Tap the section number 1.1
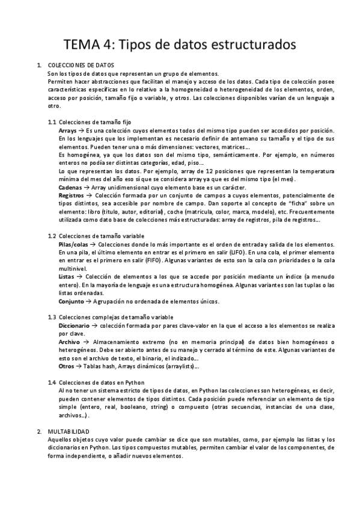[x=52, y=121]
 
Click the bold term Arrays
[x=68, y=130]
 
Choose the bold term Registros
[x=71, y=195]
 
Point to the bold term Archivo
[x=69, y=342]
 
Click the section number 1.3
[x=52, y=317]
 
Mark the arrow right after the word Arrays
[x=82, y=130]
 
